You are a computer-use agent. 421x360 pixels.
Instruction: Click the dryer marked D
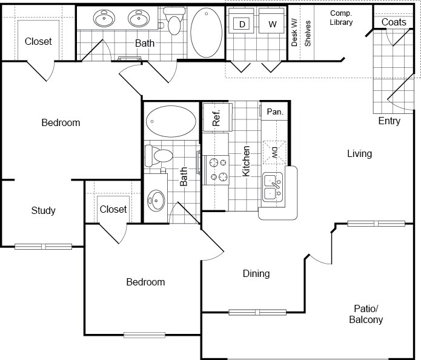coord(242,24)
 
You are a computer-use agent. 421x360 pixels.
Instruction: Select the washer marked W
coord(272,24)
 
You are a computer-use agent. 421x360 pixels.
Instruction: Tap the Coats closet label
coord(394,22)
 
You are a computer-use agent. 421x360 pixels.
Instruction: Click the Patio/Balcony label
coord(366,314)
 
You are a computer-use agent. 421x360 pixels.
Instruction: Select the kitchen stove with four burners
coord(216,170)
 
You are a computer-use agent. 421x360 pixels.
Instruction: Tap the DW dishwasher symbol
coord(274,151)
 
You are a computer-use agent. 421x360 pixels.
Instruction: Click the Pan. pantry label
coord(275,112)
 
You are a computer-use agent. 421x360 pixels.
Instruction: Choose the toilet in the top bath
coord(174,21)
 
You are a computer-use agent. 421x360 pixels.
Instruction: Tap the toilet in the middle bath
coord(160,156)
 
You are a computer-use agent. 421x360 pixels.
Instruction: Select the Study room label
coord(43,210)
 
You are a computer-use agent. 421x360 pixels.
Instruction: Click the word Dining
coord(256,274)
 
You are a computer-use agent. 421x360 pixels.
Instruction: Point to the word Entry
coord(389,121)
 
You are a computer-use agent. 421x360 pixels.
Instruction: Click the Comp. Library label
coord(341,18)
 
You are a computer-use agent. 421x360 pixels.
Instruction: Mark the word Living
coord(359,153)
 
